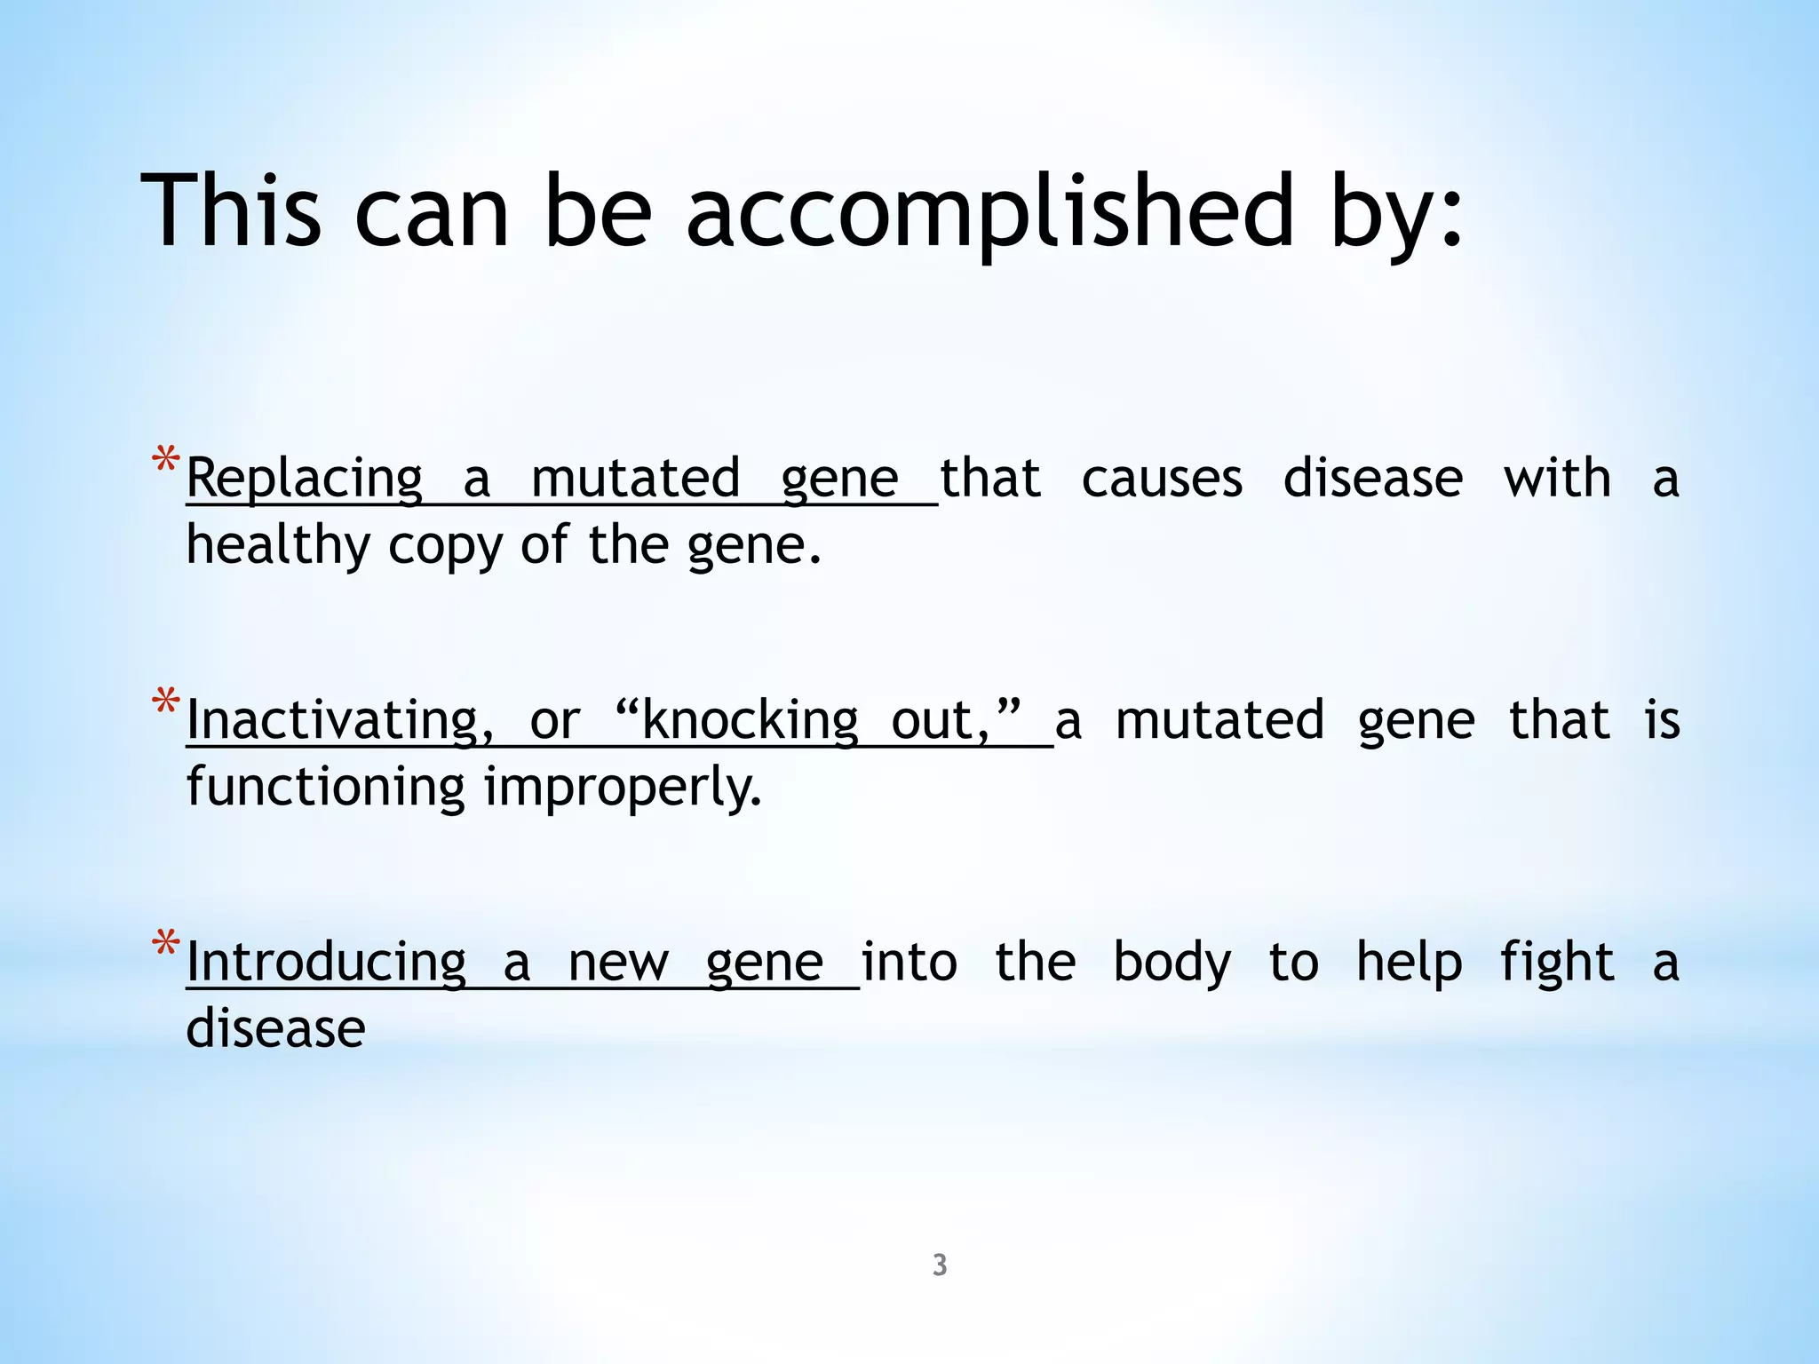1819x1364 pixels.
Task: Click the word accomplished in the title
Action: click(989, 213)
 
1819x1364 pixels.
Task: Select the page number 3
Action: click(940, 1265)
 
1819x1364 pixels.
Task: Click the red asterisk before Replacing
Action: click(166, 463)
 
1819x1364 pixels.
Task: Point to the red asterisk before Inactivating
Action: click(166, 704)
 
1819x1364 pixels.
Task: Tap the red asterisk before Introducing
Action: click(166, 946)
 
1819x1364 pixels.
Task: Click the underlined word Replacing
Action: click(305, 480)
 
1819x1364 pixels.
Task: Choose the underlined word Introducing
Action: click(327, 963)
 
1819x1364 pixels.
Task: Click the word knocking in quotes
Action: click(749, 720)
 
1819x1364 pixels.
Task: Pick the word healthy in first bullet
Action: click(278, 545)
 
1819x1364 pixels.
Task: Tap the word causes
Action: click(1162, 480)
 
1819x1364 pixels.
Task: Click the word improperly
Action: click(622, 788)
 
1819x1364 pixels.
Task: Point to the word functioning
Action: click(325, 788)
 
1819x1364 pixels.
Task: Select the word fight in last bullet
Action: click(1557, 963)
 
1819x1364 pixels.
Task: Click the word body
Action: click(1172, 963)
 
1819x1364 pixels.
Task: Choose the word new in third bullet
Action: click(618, 963)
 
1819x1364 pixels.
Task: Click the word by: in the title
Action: click(1395, 213)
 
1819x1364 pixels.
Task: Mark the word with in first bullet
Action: click(1557, 480)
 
